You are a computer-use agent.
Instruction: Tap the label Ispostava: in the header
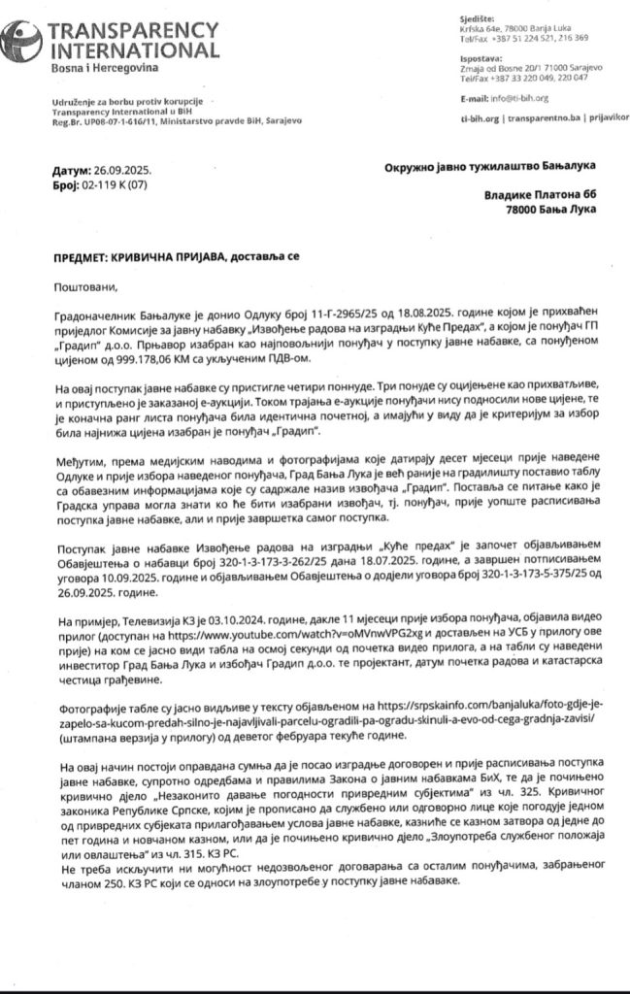point(478,57)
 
